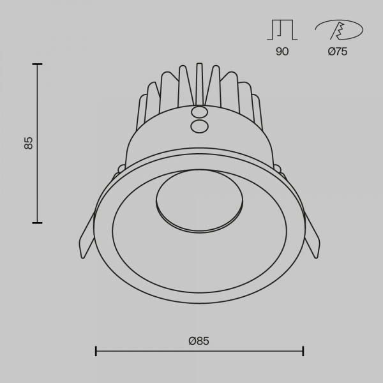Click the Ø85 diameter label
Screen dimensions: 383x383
point(199,341)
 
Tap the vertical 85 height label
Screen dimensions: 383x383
point(29,143)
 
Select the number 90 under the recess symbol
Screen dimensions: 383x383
point(282,51)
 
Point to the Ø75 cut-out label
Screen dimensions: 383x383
point(338,51)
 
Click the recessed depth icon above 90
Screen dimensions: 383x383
point(282,30)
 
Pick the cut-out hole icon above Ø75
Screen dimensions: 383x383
point(339,30)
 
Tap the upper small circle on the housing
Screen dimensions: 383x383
point(199,112)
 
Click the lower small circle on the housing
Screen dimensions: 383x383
point(199,126)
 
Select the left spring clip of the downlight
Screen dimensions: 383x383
point(87,236)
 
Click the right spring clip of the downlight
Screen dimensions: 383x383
point(312,235)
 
